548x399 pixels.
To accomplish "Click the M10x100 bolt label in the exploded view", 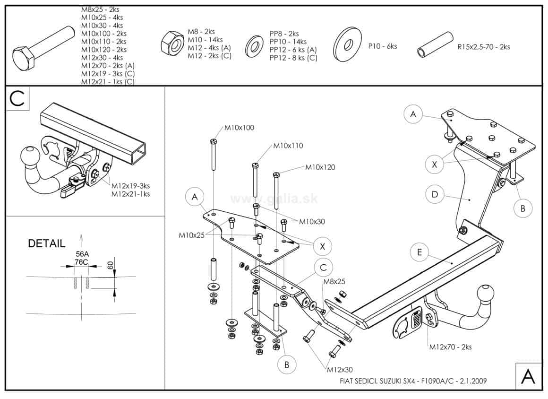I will [x=239, y=128].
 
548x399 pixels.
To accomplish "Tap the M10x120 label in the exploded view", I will [x=320, y=167].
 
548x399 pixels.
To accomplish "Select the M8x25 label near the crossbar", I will [x=334, y=281].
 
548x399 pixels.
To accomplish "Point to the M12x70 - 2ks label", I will [x=450, y=347].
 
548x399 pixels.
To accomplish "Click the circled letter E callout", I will [x=419, y=252].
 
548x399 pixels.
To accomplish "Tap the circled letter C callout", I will [x=323, y=267].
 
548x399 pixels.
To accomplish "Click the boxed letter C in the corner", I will [x=17, y=98].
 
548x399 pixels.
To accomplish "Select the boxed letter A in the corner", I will [x=528, y=376].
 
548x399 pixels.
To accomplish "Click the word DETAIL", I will [x=46, y=244].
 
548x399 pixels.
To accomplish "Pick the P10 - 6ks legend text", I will [x=382, y=46].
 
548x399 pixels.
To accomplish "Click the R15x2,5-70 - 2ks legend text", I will [x=483, y=47].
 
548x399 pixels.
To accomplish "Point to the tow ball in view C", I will [x=30, y=157].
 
